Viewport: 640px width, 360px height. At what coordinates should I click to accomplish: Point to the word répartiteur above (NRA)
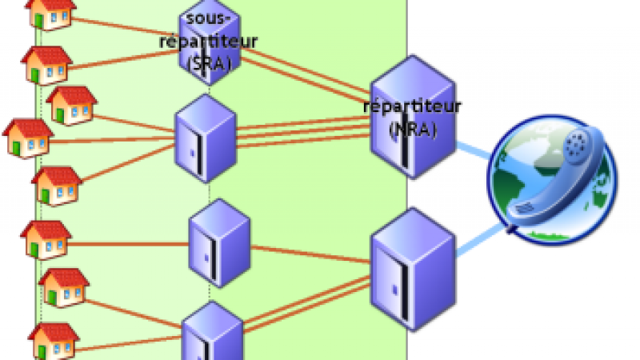click(x=412, y=107)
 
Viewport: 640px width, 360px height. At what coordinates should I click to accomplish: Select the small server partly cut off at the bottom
click(x=212, y=332)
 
